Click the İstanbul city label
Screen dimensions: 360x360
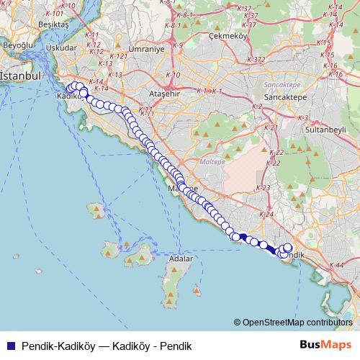[x=20, y=75]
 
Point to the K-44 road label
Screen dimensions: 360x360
[x=336, y=266]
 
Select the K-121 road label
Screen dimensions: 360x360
[x=120, y=56]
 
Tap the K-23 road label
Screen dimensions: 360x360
[x=264, y=187]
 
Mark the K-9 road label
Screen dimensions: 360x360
[x=178, y=44]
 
